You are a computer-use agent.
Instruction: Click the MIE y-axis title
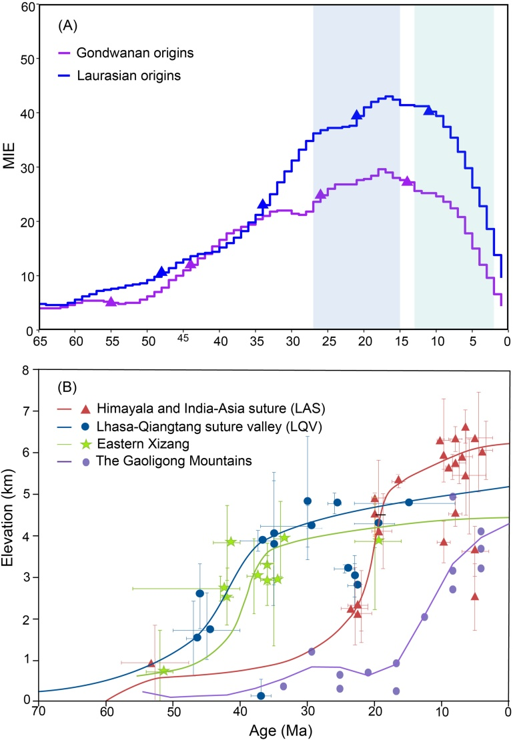tap(9, 169)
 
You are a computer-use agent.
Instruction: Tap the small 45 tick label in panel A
tap(183, 336)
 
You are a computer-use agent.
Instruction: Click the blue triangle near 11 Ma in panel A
tap(428, 109)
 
